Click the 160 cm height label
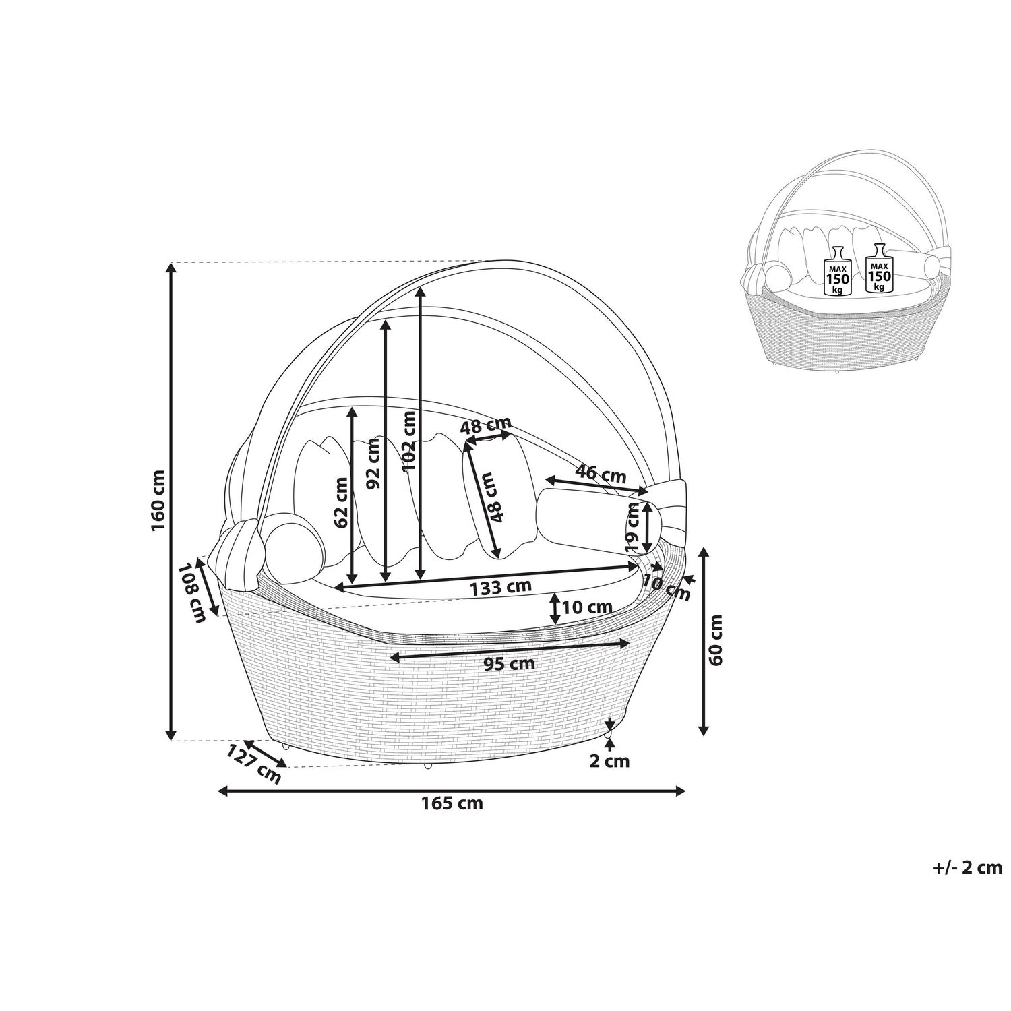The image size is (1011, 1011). pos(159,500)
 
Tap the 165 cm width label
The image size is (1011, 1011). pos(452,803)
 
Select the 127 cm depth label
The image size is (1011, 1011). pos(254,764)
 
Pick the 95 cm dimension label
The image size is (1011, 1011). pos(510,663)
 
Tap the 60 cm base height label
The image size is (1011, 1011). pos(716,640)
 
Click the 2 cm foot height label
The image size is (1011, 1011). pos(609,762)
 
